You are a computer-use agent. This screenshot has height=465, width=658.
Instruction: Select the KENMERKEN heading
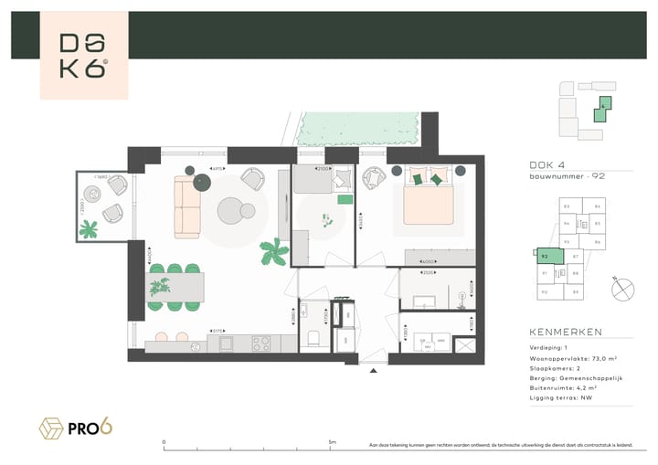[x=566, y=332]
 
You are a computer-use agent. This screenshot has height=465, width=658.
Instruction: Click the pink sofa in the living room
[x=186, y=207]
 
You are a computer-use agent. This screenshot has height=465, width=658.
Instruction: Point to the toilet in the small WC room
[x=313, y=338]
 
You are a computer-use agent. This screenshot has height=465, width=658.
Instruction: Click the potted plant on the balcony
[x=88, y=230]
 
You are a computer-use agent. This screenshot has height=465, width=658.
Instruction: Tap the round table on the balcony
[x=93, y=194]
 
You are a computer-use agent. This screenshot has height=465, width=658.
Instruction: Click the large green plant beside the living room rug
[x=271, y=251]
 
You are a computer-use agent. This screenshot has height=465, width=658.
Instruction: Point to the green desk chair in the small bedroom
[x=345, y=198]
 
